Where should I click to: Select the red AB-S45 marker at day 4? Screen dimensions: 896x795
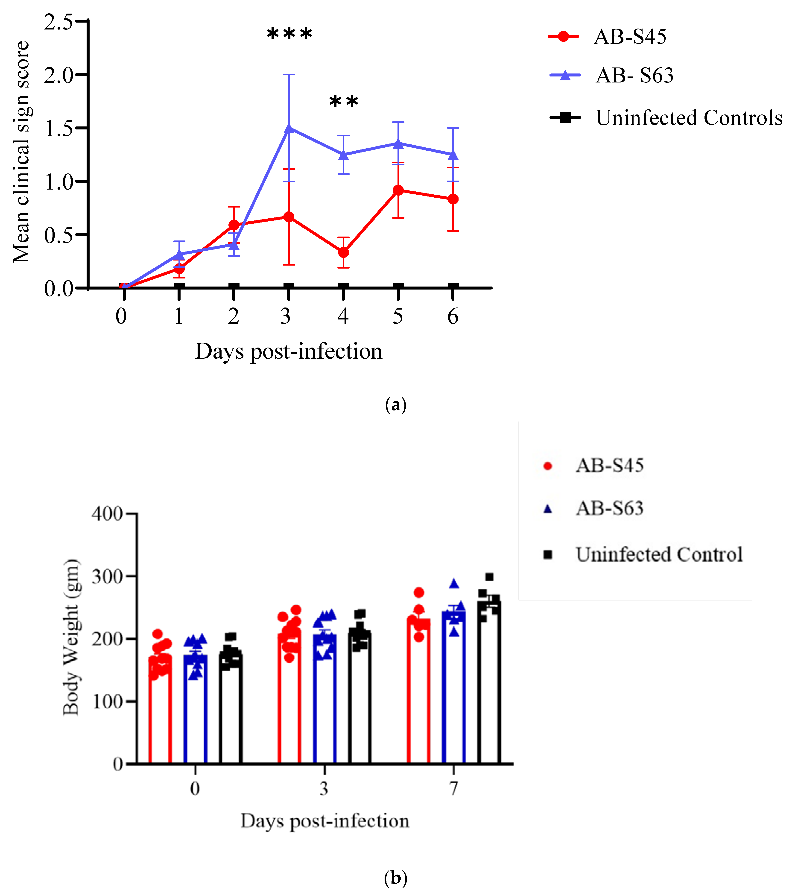(x=344, y=252)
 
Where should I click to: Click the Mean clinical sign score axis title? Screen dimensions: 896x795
(x=21, y=152)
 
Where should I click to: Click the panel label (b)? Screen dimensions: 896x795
(x=395, y=878)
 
